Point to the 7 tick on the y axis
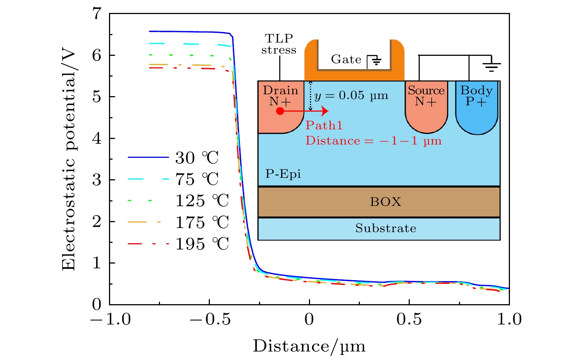click(97, 14)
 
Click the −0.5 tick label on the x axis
click(210, 319)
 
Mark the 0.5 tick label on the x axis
click(409, 319)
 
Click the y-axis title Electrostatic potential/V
click(69, 160)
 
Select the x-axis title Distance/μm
click(309, 346)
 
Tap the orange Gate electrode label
click(346, 60)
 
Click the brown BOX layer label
click(385, 202)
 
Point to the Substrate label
click(385, 228)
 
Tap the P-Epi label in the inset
click(283, 174)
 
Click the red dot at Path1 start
click(280, 111)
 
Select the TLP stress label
click(279, 44)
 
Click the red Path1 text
click(324, 126)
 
